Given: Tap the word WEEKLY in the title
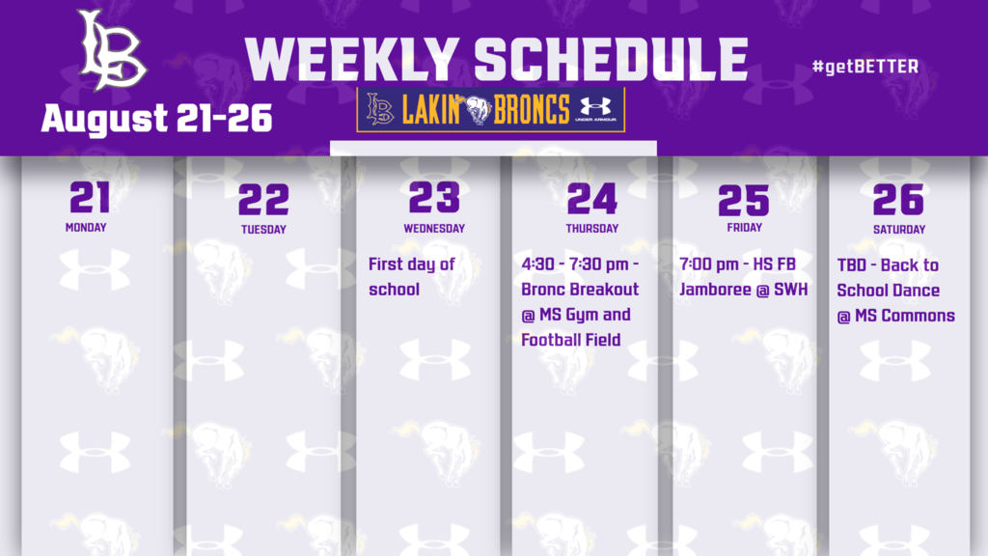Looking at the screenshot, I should (352, 60).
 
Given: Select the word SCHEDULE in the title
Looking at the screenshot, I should (612, 60).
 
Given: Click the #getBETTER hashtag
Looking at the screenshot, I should (865, 67).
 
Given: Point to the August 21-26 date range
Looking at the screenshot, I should (156, 119).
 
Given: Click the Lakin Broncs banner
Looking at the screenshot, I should (490, 110).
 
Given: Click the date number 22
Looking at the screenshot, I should (263, 200).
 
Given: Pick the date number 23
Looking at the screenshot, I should (433, 198).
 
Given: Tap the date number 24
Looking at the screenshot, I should (591, 198).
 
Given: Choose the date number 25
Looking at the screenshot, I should (743, 200).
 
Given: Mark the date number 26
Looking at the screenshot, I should (898, 200).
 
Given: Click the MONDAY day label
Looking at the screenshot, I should (86, 229).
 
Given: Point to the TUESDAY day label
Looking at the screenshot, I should (263, 230).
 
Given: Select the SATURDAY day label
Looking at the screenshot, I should (899, 230).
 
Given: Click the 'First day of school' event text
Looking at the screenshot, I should (411, 276).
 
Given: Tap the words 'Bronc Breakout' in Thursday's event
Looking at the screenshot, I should (579, 290).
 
